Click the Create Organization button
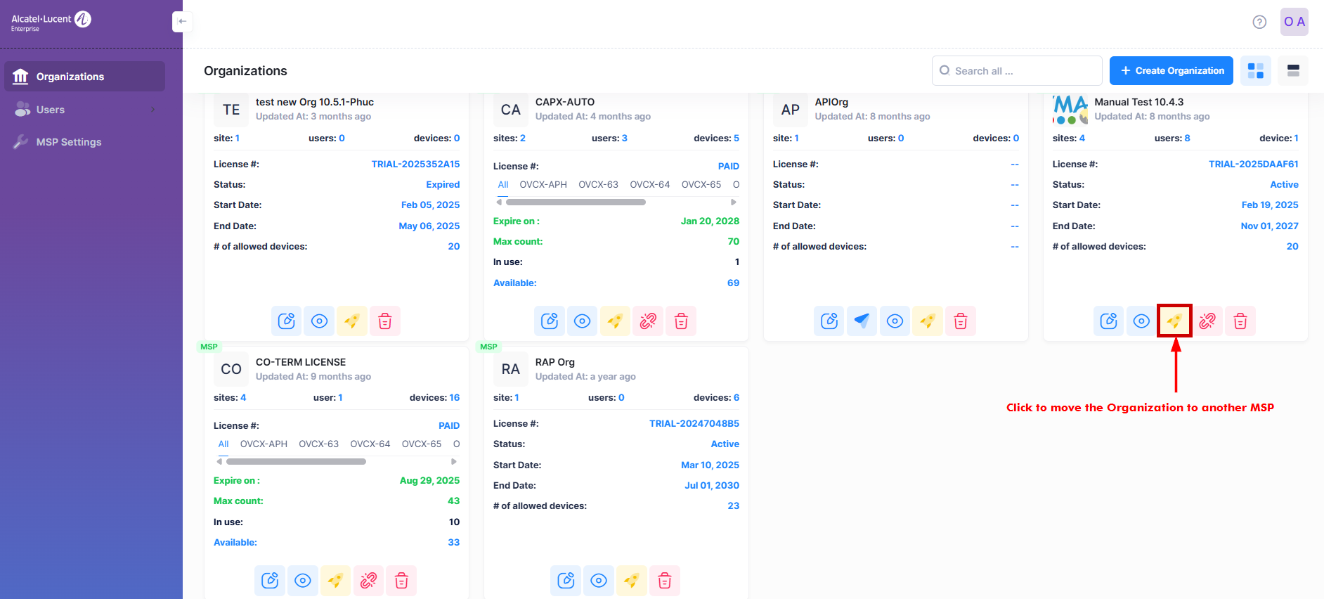click(x=1171, y=71)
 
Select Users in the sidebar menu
click(x=51, y=110)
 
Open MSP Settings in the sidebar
click(x=69, y=142)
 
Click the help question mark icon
click(x=1259, y=22)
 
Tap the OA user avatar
click(x=1294, y=22)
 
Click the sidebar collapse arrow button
click(x=182, y=22)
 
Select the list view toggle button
click(x=1292, y=71)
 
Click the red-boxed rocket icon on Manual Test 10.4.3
click(x=1174, y=321)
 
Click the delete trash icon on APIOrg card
click(x=961, y=321)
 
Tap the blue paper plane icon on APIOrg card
click(x=862, y=321)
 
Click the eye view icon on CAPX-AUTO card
click(x=582, y=321)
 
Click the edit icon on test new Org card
click(x=286, y=321)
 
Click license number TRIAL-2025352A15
click(x=415, y=164)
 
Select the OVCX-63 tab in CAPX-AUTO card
click(x=598, y=185)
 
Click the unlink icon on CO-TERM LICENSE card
click(x=368, y=581)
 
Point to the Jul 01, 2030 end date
click(x=711, y=485)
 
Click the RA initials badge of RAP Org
click(x=511, y=369)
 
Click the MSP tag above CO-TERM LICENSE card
click(x=209, y=347)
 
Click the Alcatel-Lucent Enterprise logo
click(x=51, y=22)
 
